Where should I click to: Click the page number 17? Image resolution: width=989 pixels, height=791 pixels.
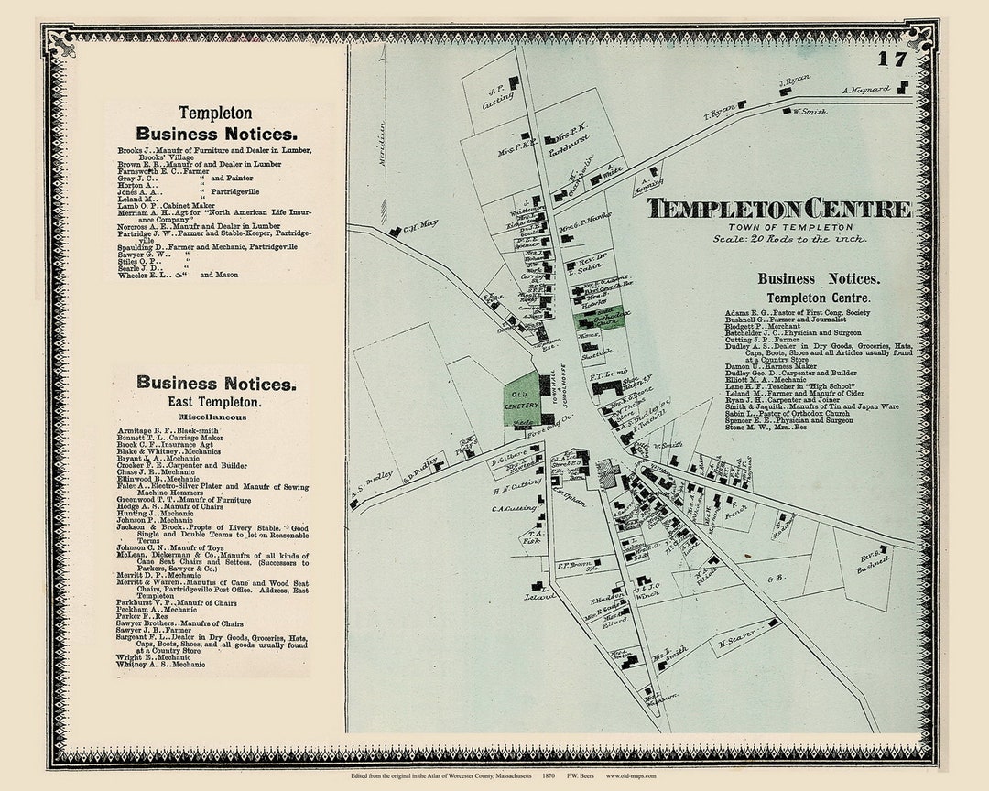[892, 60]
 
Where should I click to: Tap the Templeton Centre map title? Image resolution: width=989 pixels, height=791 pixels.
[779, 209]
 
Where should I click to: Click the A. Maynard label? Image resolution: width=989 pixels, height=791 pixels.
[866, 91]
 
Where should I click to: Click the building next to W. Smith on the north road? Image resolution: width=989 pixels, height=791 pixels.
[787, 111]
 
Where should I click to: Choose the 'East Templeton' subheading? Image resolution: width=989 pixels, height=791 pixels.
[213, 402]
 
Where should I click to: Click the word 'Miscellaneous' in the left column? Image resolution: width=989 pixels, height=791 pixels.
[212, 417]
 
